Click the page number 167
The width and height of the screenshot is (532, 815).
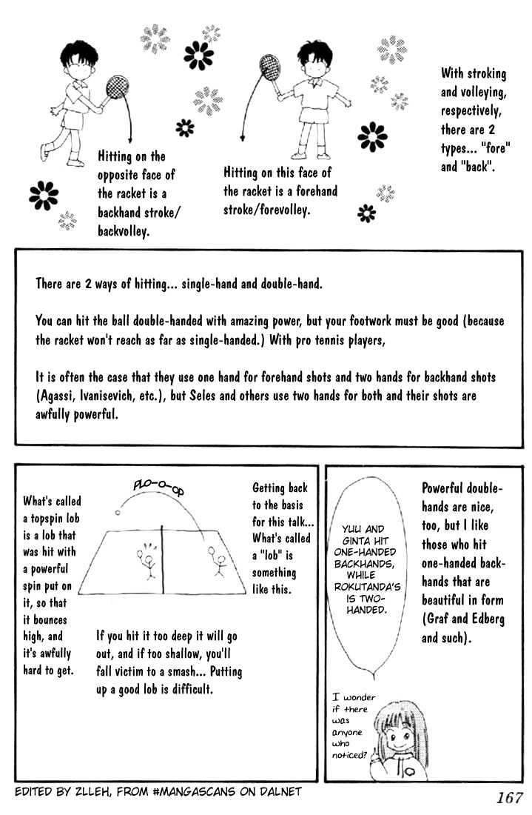pyautogui.click(x=505, y=799)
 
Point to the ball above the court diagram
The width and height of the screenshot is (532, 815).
pyautogui.click(x=118, y=511)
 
